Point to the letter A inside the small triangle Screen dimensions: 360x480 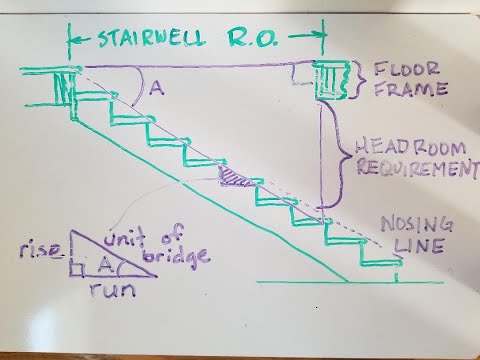pos(103,263)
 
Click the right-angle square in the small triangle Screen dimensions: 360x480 pos(76,268)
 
